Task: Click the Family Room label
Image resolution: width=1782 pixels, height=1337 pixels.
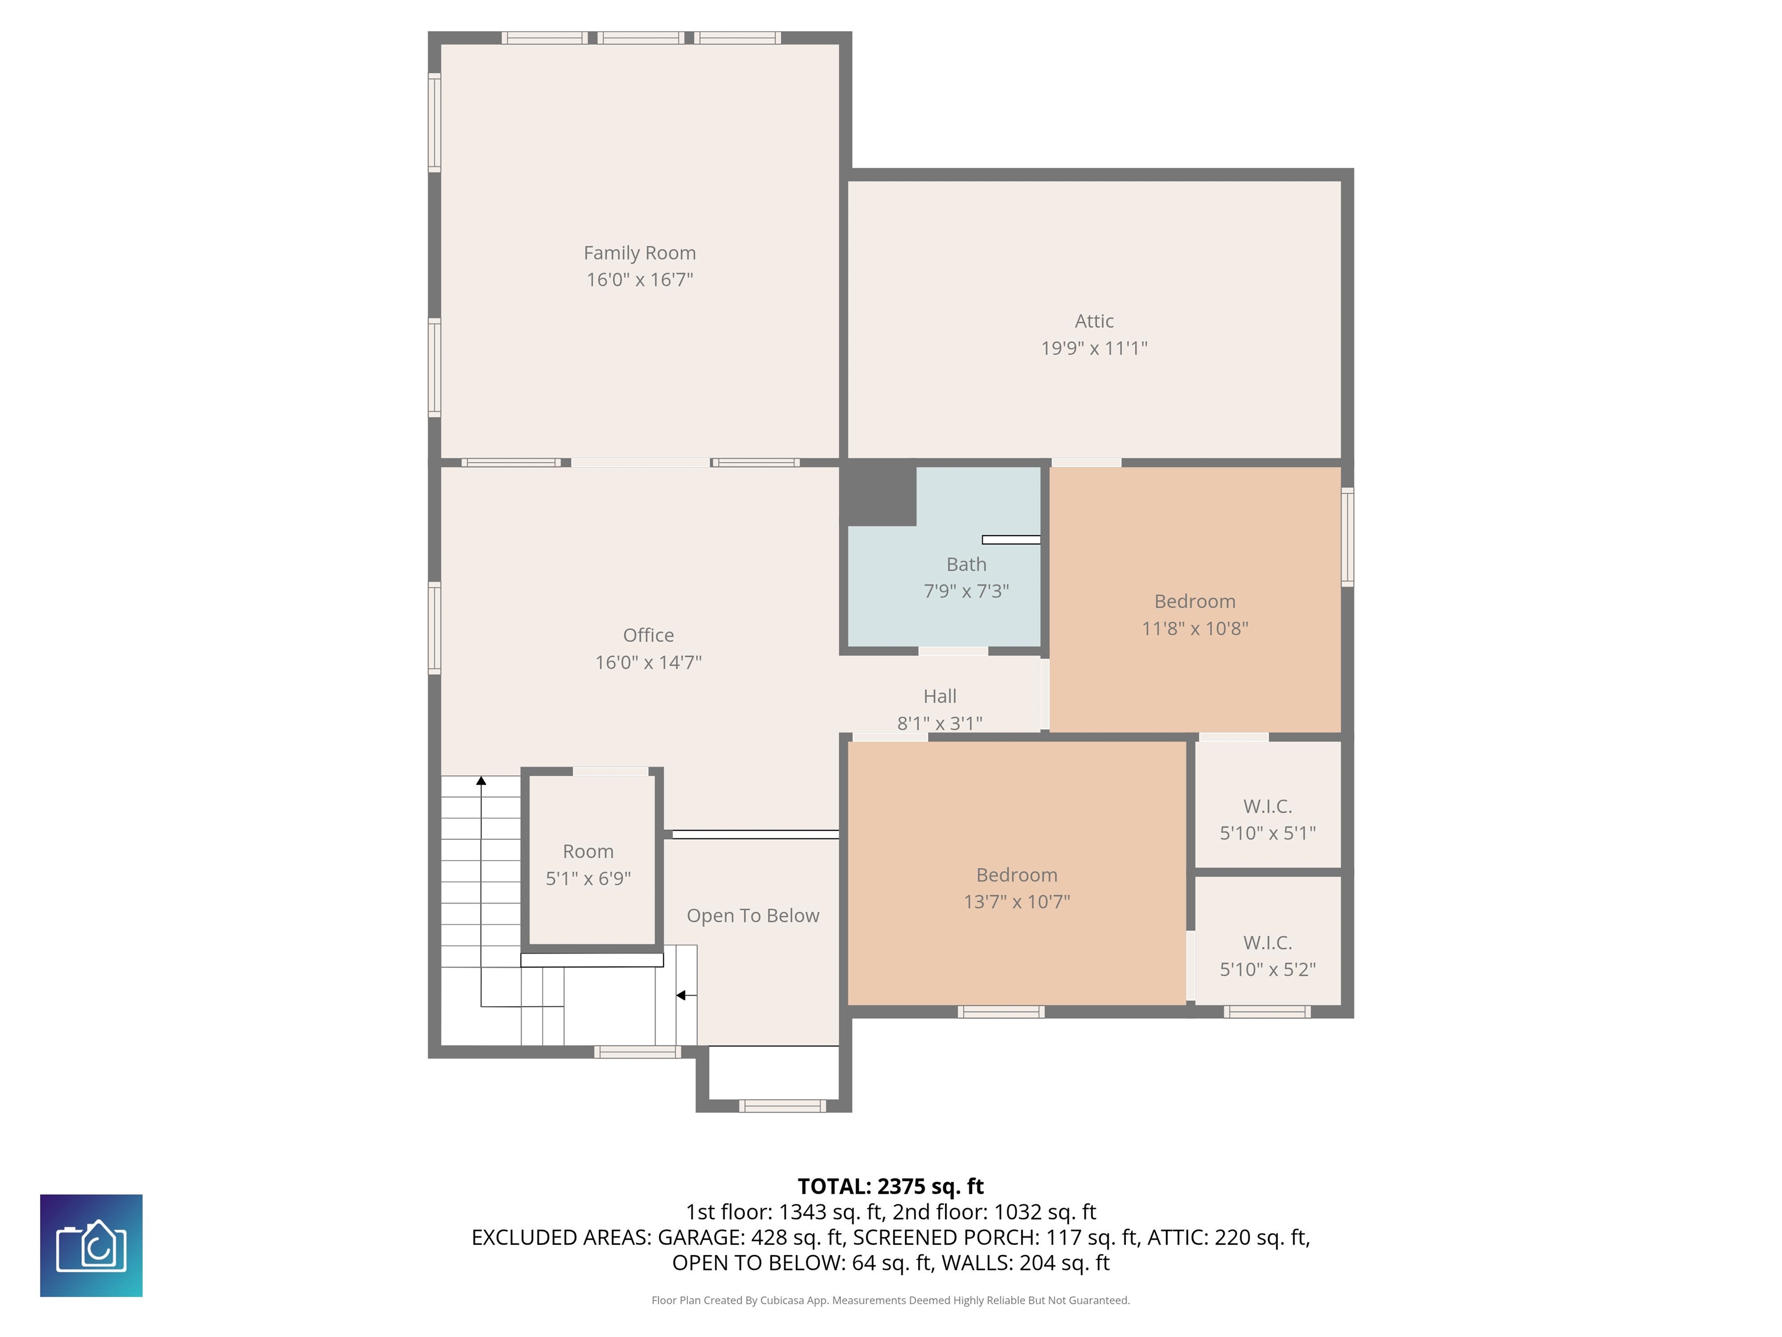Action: [x=640, y=253]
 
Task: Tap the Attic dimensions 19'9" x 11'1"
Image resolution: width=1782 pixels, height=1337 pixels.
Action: [x=1094, y=348]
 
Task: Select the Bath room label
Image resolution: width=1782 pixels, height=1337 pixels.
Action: [x=966, y=564]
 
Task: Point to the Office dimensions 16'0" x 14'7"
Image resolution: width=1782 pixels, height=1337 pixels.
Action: [x=649, y=663]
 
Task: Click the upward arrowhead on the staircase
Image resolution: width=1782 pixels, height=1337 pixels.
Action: [x=481, y=780]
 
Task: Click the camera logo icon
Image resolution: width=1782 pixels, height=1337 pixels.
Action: [x=91, y=1245]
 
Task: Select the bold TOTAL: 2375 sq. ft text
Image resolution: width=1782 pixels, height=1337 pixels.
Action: [x=890, y=1186]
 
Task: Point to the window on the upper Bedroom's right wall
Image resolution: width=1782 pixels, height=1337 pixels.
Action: [x=1347, y=536]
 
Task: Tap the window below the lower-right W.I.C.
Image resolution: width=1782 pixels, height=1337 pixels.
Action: [x=1267, y=1011]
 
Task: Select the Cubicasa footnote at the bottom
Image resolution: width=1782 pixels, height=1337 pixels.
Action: [x=890, y=1300]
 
